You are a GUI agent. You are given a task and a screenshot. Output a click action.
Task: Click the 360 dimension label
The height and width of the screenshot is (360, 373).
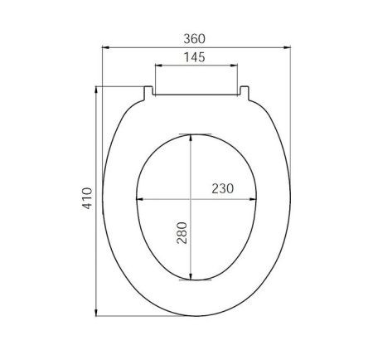point(195,39)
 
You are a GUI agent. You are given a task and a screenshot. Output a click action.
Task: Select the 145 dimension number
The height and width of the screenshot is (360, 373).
point(195,57)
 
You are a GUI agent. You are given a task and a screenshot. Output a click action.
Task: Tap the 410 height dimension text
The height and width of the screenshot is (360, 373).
point(87,198)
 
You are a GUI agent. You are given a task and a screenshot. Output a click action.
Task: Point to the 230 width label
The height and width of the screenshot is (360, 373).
point(223,188)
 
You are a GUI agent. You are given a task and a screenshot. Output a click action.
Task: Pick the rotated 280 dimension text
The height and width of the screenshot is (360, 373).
point(182,233)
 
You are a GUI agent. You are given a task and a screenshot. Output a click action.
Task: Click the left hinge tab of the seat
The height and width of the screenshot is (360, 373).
point(148,93)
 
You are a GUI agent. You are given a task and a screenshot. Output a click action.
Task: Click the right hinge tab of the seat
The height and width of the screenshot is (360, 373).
point(245,93)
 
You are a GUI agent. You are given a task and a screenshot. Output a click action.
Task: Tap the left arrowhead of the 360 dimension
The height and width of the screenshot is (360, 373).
point(106,47)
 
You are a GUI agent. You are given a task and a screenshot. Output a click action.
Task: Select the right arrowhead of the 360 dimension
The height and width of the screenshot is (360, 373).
point(287,47)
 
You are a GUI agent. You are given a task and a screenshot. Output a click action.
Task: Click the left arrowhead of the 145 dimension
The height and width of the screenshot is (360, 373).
point(159,66)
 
